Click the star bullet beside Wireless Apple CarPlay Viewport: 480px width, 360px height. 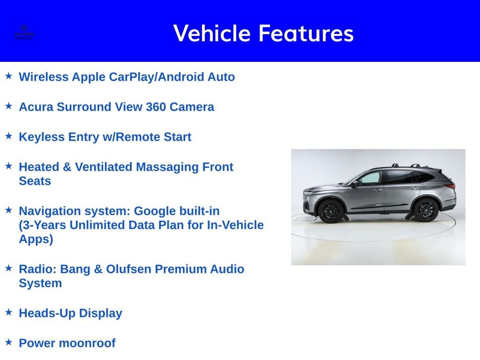click(8, 75)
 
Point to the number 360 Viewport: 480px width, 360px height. click(156, 107)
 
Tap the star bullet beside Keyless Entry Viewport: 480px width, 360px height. click(8, 135)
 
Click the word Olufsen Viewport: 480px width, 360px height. click(128, 269)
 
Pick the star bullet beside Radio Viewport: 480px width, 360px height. click(8, 268)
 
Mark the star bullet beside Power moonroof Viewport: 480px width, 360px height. click(8, 342)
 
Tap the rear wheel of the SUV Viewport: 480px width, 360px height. click(426, 210)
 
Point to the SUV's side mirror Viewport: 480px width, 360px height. click(355, 184)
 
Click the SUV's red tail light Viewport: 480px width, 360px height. click(451, 187)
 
